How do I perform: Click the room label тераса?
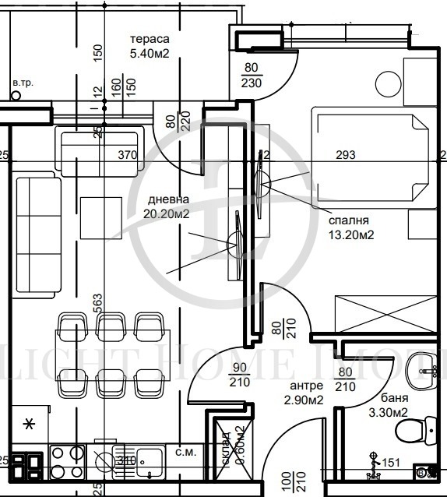click(149, 40)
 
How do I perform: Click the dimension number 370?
click(127, 155)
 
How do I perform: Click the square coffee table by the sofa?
click(101, 217)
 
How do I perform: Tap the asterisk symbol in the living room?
click(30, 424)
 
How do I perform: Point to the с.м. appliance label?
click(185, 451)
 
